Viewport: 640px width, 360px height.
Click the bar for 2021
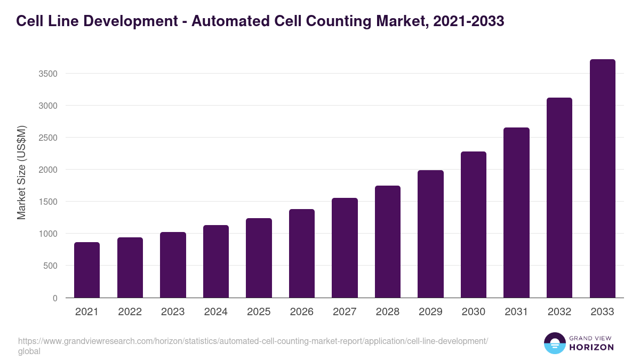87,270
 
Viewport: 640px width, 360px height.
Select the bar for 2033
603,179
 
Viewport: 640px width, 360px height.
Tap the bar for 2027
345,248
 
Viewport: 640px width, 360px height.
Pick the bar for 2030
474,225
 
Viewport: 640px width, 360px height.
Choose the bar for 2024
216,261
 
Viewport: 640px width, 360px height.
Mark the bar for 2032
559,198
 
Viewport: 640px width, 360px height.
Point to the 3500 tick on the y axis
48,74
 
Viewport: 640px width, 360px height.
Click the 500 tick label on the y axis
50,266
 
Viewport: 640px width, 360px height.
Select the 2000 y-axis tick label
48,170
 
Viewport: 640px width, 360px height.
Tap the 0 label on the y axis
55,298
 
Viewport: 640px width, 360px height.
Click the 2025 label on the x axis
259,312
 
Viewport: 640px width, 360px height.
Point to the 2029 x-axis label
430,312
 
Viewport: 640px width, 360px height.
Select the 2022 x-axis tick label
130,312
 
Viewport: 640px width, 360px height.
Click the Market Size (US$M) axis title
21,172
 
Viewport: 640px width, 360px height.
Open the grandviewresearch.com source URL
253,341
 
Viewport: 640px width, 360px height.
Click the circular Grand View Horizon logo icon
554,343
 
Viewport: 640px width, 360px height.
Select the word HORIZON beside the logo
591,347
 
